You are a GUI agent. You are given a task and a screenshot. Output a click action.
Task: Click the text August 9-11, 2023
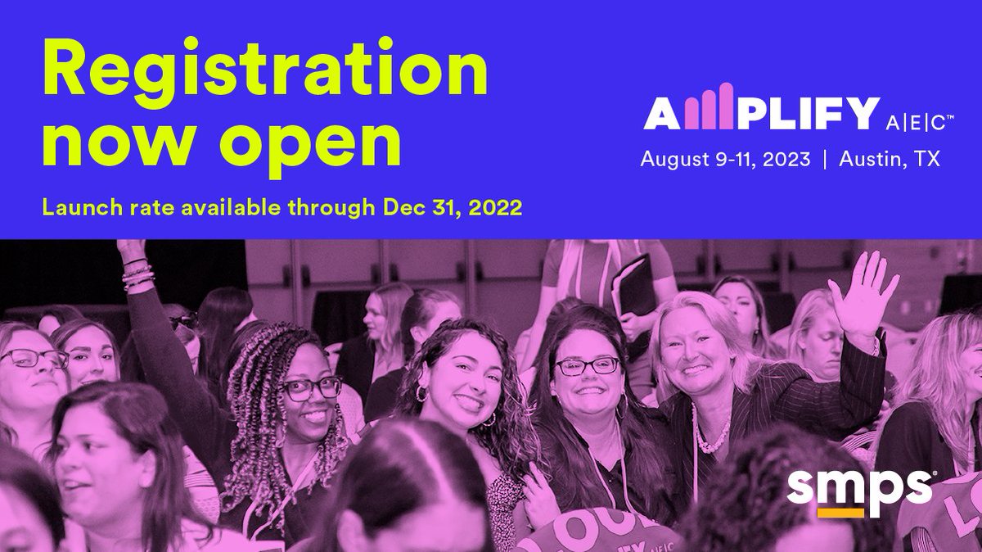[x=725, y=159]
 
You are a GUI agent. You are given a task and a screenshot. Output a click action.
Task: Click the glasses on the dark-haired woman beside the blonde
[x=587, y=365]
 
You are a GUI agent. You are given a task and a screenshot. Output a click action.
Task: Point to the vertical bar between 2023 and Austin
[x=824, y=159]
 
